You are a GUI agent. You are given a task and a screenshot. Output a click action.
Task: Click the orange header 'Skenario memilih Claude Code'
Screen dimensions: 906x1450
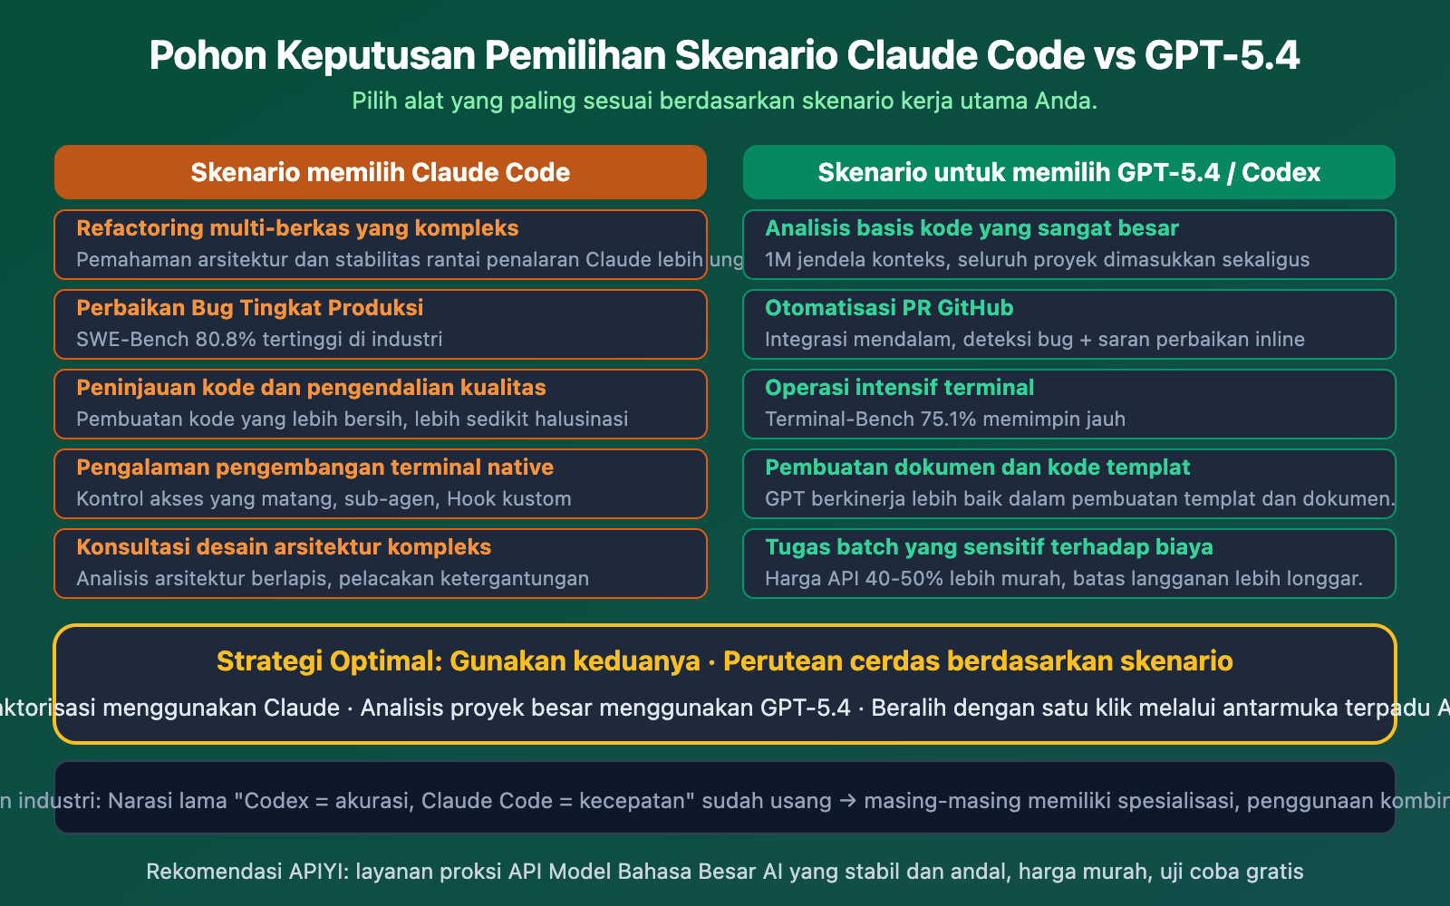pos(380,172)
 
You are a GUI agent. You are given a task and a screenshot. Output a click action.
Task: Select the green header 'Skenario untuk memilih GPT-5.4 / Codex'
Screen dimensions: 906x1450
pos(1068,172)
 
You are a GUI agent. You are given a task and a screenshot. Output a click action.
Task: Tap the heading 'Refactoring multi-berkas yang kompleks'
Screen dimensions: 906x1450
pos(297,228)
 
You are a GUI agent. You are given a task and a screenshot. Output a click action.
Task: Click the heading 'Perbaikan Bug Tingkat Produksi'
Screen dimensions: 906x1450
pos(249,308)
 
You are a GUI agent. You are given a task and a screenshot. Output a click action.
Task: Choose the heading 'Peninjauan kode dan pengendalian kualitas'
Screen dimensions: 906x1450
pos(311,388)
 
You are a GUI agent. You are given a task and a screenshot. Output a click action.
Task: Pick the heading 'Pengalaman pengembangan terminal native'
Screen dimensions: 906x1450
pos(314,467)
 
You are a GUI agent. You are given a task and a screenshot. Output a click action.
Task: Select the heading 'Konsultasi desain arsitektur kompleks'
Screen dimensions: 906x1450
pos(284,547)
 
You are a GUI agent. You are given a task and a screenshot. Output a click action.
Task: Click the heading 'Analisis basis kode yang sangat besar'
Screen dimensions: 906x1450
pos(971,228)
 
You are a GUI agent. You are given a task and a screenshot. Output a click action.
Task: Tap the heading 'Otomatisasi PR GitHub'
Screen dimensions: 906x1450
pos(889,308)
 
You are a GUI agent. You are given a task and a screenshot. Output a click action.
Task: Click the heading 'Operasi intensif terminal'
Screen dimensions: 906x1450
pos(899,388)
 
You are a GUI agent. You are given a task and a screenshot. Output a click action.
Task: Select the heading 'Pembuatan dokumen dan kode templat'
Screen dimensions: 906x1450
pos(977,467)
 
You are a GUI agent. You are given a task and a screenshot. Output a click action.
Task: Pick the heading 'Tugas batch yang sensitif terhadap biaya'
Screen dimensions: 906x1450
pos(989,547)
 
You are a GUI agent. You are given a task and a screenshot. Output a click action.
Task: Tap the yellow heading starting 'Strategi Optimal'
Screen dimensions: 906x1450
pos(724,661)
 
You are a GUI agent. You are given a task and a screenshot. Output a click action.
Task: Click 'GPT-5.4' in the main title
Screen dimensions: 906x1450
pos(1222,55)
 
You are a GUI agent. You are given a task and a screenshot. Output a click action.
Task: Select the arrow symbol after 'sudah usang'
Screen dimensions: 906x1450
pos(847,801)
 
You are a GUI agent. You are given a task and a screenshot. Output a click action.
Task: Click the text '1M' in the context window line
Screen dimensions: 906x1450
pos(778,260)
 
